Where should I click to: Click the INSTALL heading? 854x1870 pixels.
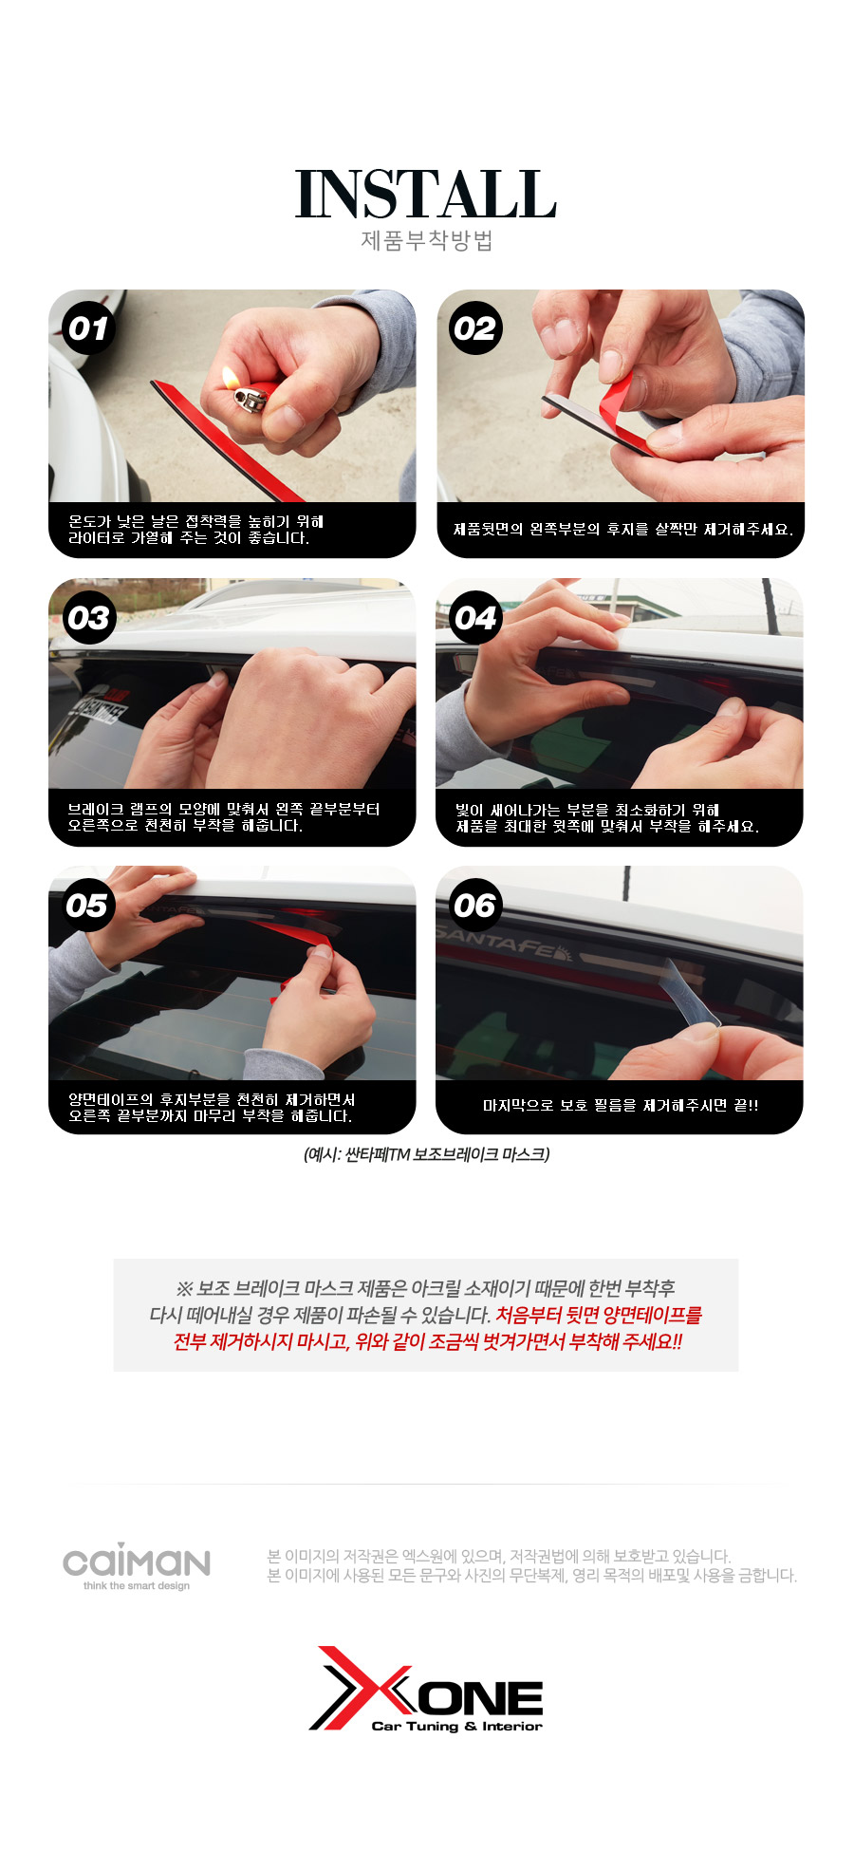point(426,195)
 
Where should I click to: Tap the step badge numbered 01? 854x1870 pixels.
point(88,328)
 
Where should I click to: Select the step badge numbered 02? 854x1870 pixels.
point(475,328)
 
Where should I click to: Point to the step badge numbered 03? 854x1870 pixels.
point(88,618)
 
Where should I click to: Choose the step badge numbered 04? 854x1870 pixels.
point(475,618)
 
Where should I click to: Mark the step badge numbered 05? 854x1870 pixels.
point(88,906)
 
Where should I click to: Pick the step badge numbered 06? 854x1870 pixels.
point(475,906)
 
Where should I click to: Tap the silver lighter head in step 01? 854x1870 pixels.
point(251,398)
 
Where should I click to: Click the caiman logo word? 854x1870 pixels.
point(137,1561)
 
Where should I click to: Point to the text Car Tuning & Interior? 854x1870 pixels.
point(456,1726)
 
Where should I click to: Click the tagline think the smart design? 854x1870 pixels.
point(137,1585)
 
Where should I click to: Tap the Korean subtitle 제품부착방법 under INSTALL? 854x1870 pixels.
point(426,240)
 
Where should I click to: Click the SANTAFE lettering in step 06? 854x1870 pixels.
point(503,943)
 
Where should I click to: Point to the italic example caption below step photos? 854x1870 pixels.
point(426,1154)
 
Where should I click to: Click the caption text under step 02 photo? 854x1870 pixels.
point(622,529)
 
